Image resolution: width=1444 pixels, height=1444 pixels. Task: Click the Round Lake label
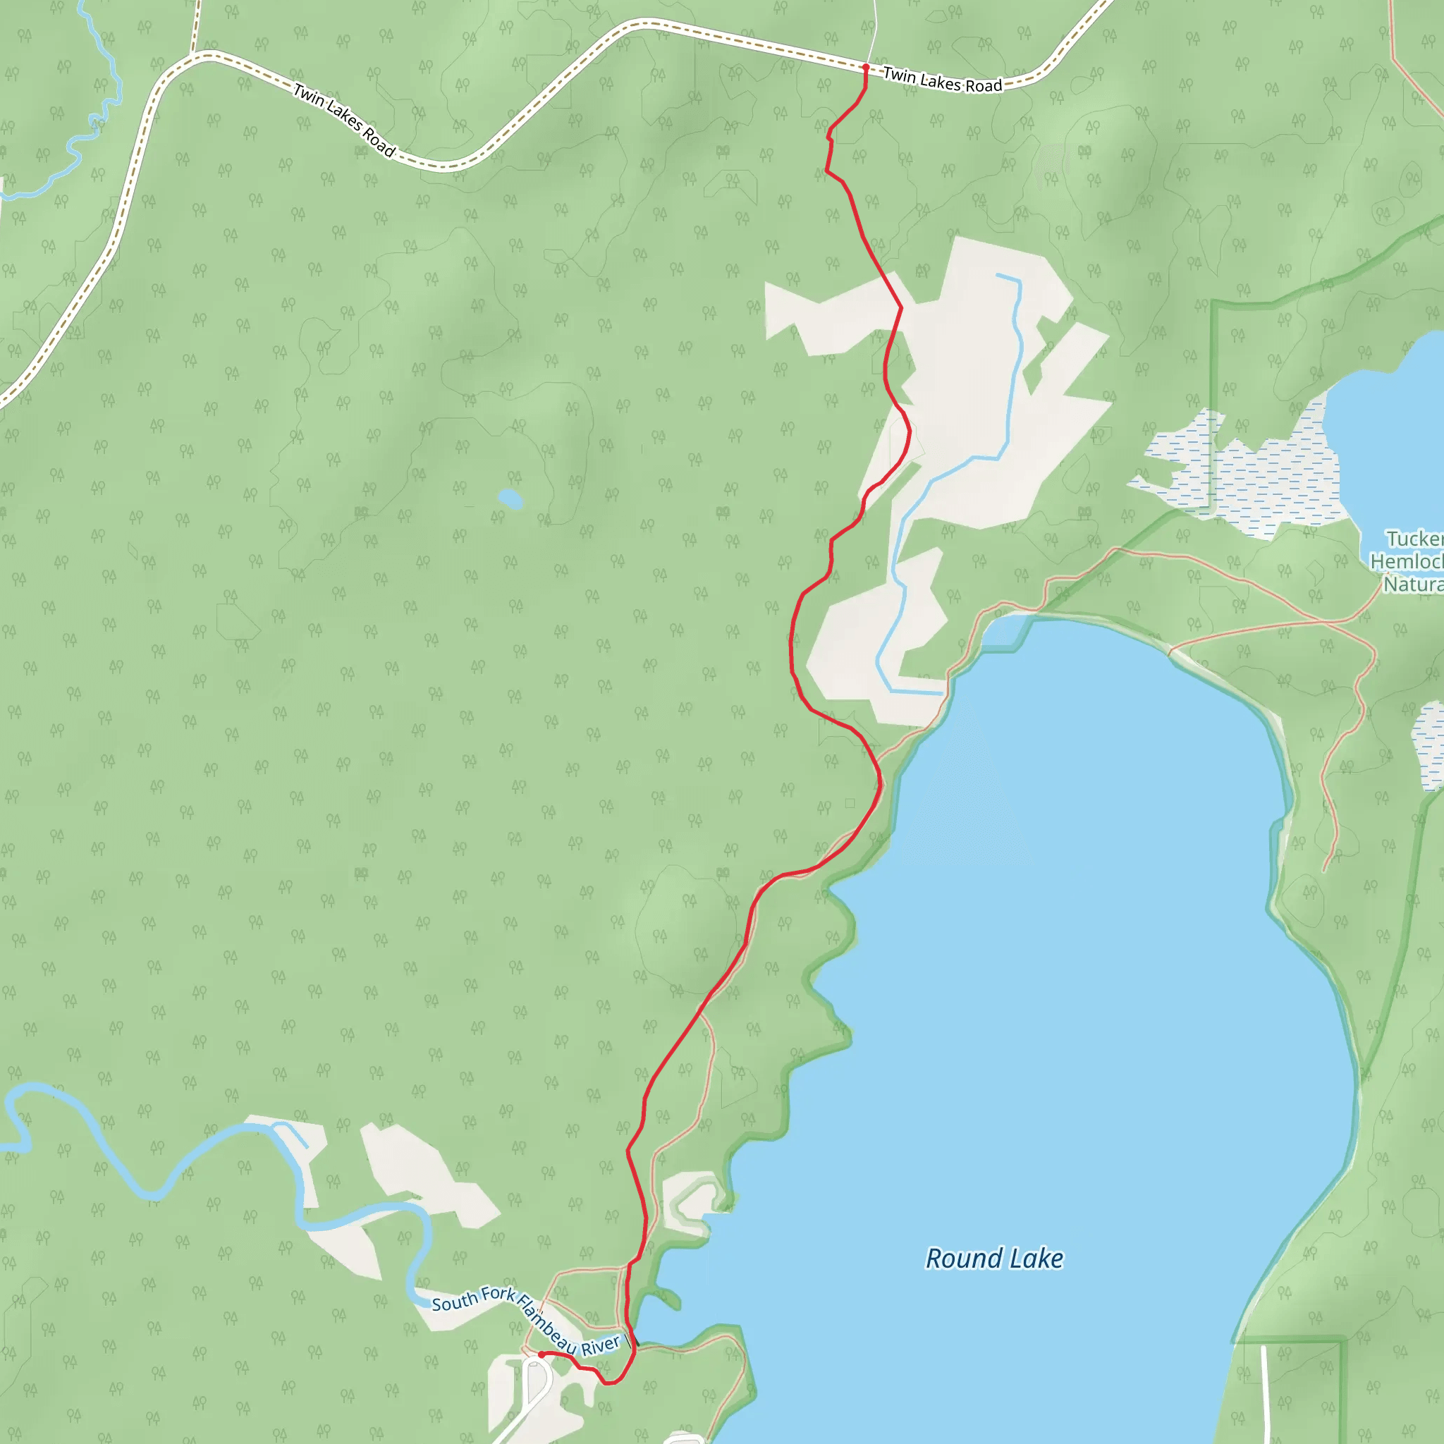pos(994,1259)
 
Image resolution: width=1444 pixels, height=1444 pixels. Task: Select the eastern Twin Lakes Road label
pos(942,80)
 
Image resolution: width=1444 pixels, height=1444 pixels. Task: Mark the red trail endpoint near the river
pos(541,1354)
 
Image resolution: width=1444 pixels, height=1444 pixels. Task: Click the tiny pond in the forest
pos(510,498)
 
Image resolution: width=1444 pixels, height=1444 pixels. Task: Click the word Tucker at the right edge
pos(1414,539)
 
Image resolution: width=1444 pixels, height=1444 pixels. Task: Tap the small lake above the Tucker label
pos(1390,441)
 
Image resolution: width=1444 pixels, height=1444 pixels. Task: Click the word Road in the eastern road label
pos(984,86)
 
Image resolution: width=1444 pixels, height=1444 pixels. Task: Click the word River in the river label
pos(601,1345)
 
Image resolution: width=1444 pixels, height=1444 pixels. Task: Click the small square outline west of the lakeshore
pos(850,804)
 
